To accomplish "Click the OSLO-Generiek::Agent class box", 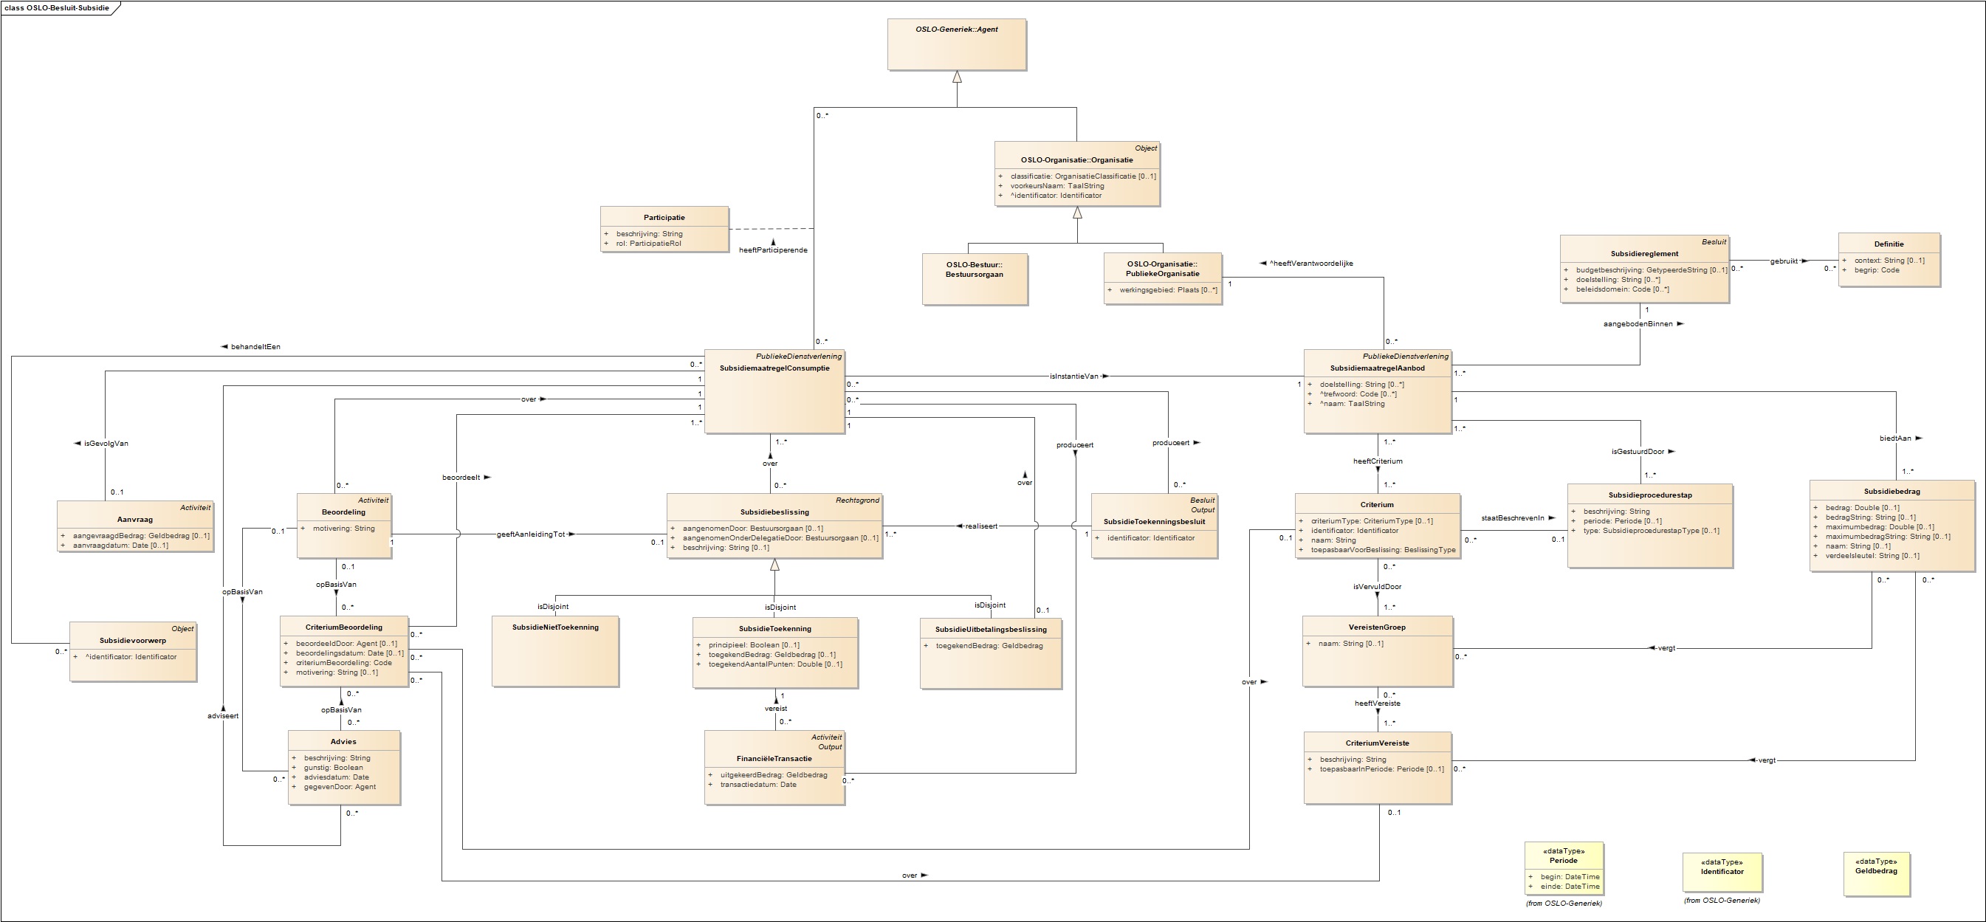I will click(x=956, y=44).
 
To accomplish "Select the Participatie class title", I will click(x=664, y=217).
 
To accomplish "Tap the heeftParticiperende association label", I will click(x=772, y=250).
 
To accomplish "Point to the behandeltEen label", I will click(x=255, y=347).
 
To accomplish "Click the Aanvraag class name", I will click(x=135, y=520).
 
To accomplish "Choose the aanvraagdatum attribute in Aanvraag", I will click(x=120, y=545).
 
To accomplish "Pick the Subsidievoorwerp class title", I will click(x=133, y=641).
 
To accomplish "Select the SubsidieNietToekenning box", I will click(x=555, y=650).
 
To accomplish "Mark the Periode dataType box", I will click(x=1564, y=868).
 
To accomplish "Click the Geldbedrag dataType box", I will click(x=1876, y=874).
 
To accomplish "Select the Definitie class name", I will click(x=1888, y=244).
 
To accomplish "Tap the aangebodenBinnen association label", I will click(x=1638, y=324).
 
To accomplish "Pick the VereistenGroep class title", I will click(x=1377, y=627).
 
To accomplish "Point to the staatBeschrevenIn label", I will click(x=1513, y=518).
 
